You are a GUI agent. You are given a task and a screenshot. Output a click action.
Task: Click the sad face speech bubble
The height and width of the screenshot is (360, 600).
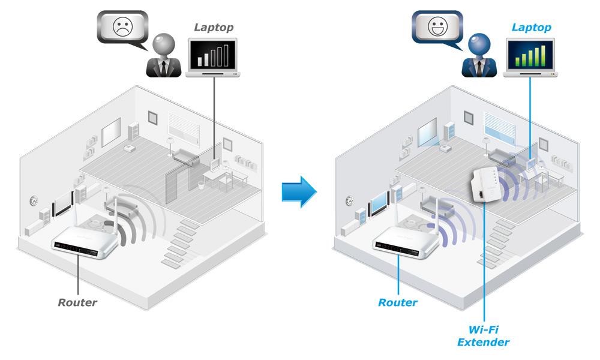(x=121, y=28)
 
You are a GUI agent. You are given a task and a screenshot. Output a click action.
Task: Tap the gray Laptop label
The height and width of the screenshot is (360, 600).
(x=213, y=27)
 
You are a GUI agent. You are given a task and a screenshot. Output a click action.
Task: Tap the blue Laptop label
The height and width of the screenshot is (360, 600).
(x=532, y=28)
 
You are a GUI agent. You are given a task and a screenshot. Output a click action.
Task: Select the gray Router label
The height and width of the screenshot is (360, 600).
(x=77, y=302)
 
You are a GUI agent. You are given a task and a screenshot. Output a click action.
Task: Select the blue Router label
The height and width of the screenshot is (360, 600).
(x=397, y=302)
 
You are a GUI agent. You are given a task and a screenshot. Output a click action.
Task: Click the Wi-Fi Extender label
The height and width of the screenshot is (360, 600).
(x=483, y=336)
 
